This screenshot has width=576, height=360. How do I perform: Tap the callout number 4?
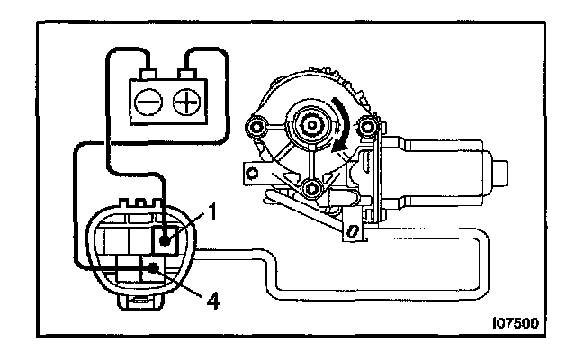pyautogui.click(x=214, y=297)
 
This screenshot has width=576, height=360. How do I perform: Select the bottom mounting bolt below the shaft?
pyautogui.click(x=311, y=189)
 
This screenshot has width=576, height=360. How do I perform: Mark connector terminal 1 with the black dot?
pyautogui.click(x=167, y=239)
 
